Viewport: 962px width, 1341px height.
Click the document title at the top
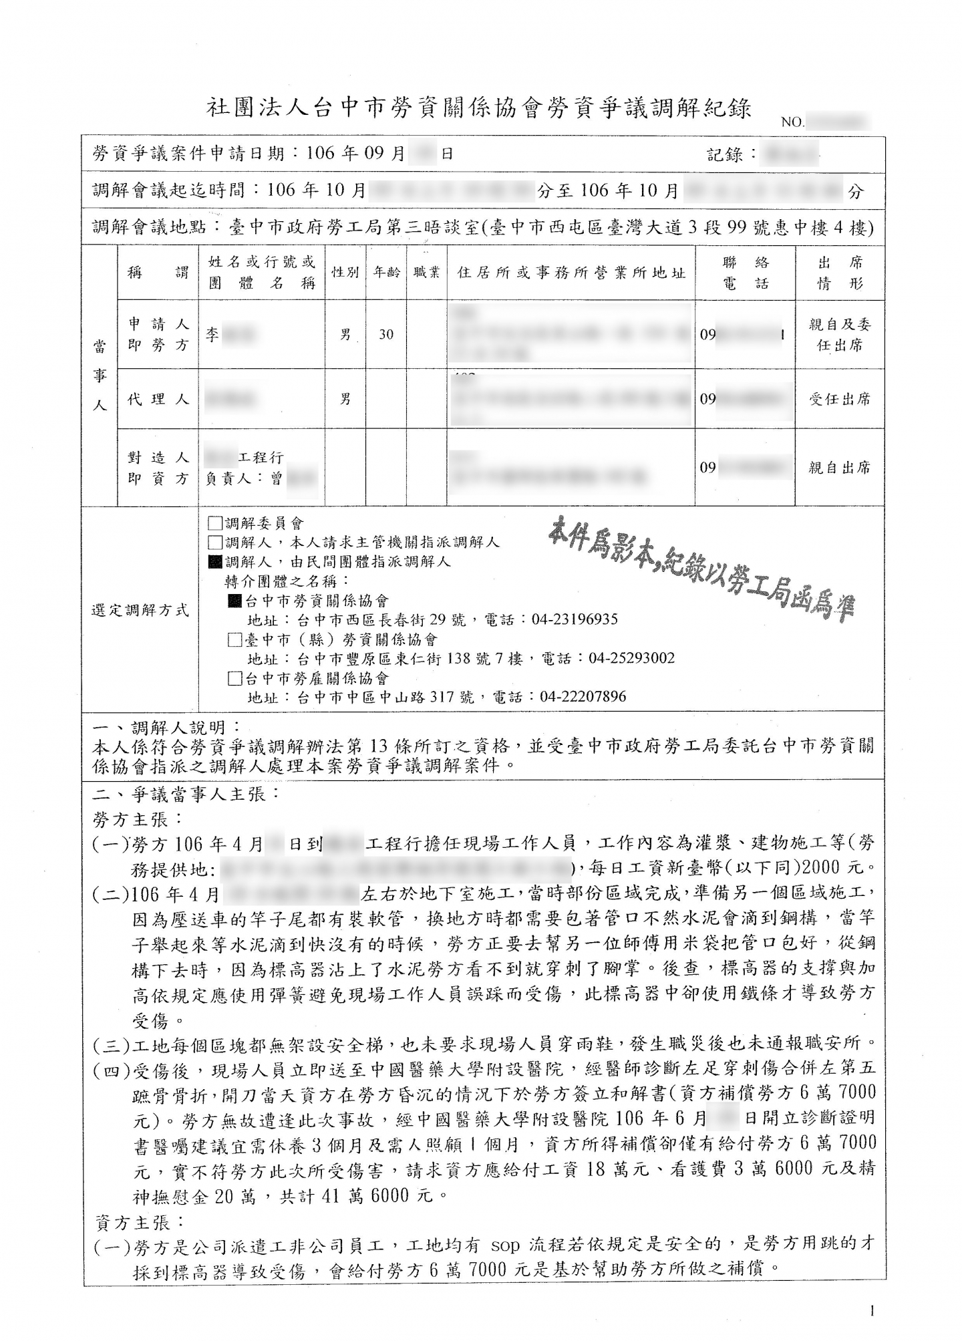479,108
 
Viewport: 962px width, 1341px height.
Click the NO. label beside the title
792,123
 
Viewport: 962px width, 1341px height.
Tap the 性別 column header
345,272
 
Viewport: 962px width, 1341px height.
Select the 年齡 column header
386,272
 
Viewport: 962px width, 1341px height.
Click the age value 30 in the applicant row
386,335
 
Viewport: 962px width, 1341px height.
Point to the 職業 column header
426,272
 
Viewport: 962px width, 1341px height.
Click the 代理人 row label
158,400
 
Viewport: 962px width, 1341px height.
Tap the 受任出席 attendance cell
840,400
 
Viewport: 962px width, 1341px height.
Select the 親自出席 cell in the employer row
840,468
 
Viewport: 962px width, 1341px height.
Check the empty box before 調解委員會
215,523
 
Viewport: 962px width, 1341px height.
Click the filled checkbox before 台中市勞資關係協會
234,601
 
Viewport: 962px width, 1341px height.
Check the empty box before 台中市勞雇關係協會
234,679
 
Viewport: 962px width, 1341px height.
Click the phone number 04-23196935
575,619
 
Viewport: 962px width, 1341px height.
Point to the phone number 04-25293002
631,659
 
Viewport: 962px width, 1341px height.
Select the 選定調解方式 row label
140,610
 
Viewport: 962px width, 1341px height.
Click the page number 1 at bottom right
872,1311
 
